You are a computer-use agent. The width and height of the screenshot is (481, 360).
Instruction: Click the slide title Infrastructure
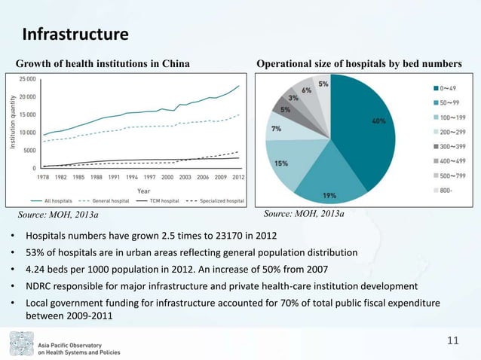pos(75,35)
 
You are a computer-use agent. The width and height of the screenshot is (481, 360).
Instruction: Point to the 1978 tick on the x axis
pos(44,177)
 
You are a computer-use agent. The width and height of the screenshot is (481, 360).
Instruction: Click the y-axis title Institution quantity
pos(13,123)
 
